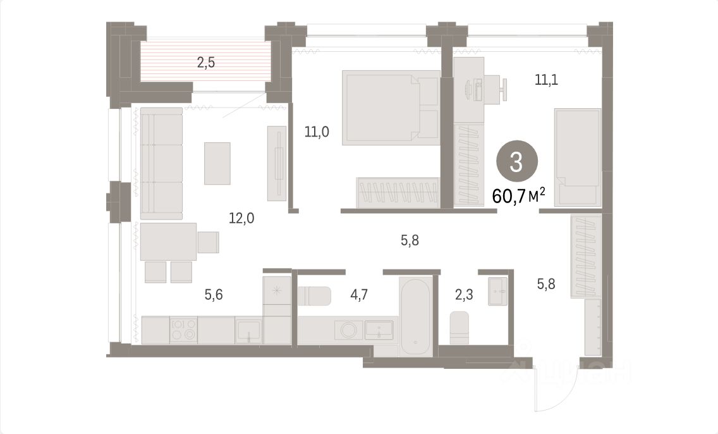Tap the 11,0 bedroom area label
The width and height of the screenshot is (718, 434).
(x=317, y=132)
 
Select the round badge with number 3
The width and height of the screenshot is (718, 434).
(x=516, y=163)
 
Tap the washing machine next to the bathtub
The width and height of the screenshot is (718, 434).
(x=347, y=330)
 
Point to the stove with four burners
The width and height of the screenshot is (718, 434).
(x=183, y=330)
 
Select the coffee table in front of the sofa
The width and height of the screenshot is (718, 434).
(x=217, y=163)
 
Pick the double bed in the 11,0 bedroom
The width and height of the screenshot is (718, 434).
(x=390, y=106)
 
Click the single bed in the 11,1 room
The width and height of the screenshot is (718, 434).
(x=577, y=156)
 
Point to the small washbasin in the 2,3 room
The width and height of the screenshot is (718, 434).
(x=497, y=291)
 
